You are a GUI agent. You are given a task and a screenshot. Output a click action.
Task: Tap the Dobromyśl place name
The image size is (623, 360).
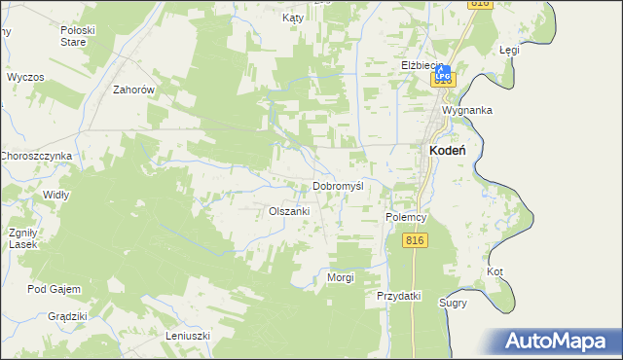tap(338, 187)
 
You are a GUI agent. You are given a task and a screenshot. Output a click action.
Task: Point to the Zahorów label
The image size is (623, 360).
tap(134, 90)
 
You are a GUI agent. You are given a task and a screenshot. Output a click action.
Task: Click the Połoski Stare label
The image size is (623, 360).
tap(77, 36)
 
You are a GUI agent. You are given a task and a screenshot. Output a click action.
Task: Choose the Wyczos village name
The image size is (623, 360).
tap(25, 77)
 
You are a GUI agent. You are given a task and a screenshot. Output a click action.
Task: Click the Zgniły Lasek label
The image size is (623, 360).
tap(22, 238)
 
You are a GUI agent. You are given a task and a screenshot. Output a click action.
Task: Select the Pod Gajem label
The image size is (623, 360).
tap(54, 289)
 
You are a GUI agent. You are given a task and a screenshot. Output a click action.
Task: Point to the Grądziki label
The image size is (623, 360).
tap(68, 317)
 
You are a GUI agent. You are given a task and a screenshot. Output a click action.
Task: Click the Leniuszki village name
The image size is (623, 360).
tap(188, 337)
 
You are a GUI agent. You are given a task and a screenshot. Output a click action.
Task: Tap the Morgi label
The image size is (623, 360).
tap(340, 278)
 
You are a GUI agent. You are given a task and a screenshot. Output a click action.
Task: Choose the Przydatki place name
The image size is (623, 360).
tap(398, 296)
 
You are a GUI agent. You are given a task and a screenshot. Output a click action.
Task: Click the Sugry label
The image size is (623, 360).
tap(453, 303)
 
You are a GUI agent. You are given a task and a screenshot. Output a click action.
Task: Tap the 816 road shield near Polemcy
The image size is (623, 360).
tap(416, 240)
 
